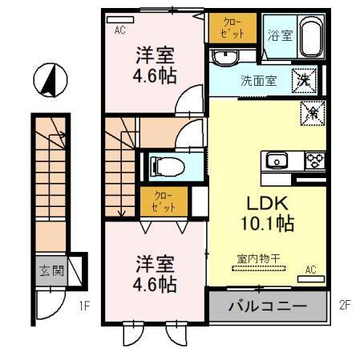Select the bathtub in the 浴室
point(310,36)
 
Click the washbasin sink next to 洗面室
point(225,58)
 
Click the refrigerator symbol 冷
point(310,114)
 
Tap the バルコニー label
point(267,306)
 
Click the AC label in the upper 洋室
point(120,30)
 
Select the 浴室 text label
point(280,35)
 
